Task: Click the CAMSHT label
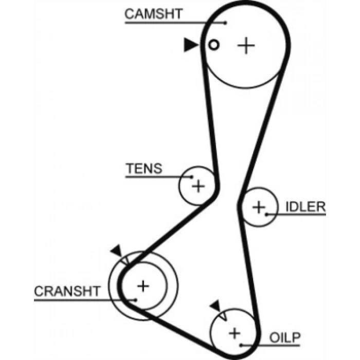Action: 153,13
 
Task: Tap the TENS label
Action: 144,168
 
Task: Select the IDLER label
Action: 305,207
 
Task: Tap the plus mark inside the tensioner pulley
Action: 198,186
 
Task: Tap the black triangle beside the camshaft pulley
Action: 191,45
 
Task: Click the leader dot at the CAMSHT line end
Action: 226,22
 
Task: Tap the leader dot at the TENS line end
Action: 192,177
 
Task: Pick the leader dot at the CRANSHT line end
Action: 135,299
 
